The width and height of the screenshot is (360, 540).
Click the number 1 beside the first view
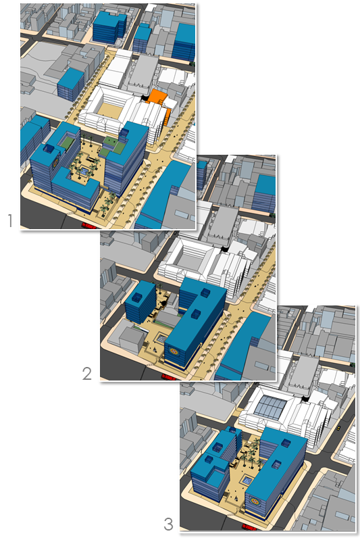tap(10, 220)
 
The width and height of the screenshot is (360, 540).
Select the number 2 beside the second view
tap(87, 374)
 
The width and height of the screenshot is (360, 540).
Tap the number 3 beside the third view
tap(168, 524)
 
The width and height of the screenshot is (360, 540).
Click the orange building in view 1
tap(159, 101)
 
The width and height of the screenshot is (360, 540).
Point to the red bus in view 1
tap(88, 226)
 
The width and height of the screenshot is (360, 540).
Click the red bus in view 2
tap(169, 377)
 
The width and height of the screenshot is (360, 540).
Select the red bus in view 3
tap(249, 527)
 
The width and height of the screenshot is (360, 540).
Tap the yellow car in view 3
tap(338, 428)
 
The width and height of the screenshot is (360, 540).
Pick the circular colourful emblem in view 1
tap(55, 161)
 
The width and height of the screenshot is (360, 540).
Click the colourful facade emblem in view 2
tap(173, 351)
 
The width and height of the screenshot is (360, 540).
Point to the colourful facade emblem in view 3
tap(255, 501)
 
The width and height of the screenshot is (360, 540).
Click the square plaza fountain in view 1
tap(83, 171)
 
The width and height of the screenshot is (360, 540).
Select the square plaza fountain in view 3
tap(247, 480)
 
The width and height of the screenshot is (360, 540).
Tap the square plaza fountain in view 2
tap(162, 339)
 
